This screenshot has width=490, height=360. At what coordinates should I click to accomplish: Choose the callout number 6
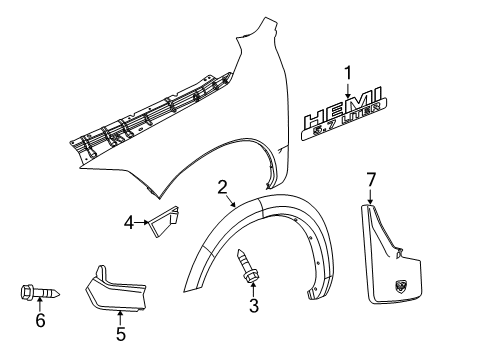coord(41,319)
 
